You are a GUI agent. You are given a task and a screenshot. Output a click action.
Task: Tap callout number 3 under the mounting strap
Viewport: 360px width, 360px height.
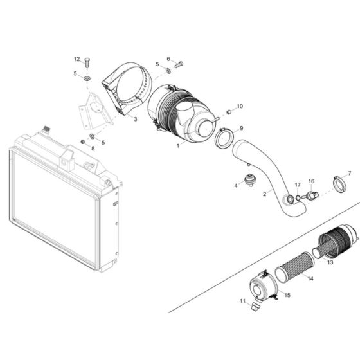(x=136, y=119)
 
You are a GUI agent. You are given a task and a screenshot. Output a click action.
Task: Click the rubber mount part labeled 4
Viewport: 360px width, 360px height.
(x=249, y=180)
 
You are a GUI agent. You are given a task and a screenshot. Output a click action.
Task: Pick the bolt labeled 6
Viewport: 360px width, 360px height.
(x=179, y=64)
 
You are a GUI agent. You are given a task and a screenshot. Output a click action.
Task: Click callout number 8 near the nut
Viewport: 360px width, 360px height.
(x=92, y=148)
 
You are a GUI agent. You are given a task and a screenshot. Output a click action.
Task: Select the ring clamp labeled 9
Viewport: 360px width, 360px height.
(x=224, y=138)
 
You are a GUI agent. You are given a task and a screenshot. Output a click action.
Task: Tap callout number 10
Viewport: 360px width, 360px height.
(x=240, y=106)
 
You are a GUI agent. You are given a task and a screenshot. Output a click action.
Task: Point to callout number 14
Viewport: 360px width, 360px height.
(x=310, y=279)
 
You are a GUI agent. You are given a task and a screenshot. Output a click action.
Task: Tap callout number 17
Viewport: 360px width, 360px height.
(x=298, y=184)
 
